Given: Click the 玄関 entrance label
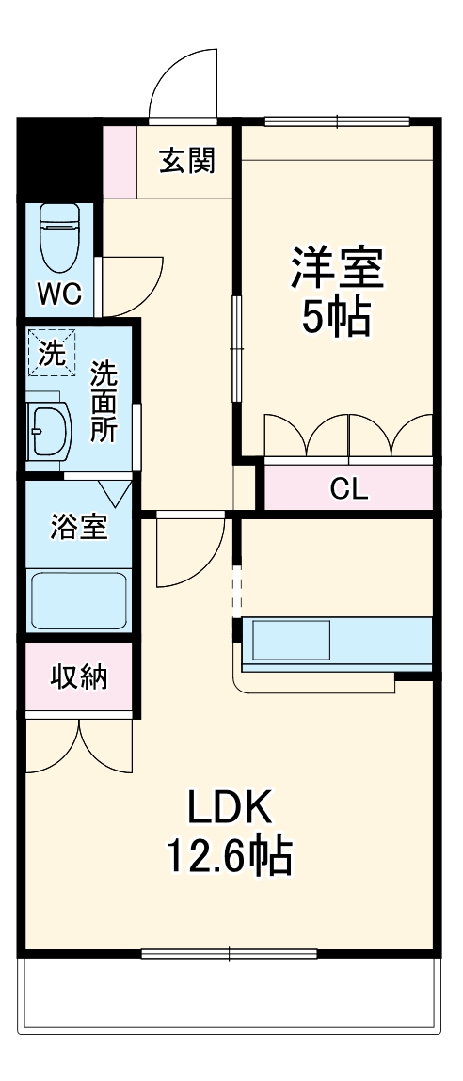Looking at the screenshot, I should click(x=186, y=162).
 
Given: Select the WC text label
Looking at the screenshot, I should click(x=59, y=294).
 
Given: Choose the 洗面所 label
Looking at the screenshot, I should click(x=104, y=402).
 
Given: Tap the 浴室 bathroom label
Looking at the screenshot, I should click(x=79, y=528).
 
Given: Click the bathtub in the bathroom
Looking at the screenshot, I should click(x=79, y=599).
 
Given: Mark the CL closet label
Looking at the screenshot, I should click(x=349, y=488).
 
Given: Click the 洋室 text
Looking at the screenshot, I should click(x=336, y=267).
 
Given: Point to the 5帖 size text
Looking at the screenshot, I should click(x=336, y=319).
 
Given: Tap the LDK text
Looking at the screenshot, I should click(x=230, y=807).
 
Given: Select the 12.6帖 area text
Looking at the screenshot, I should click(x=230, y=857).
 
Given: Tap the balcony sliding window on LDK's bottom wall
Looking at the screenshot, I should click(x=230, y=954).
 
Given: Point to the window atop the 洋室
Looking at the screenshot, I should click(x=337, y=120).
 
